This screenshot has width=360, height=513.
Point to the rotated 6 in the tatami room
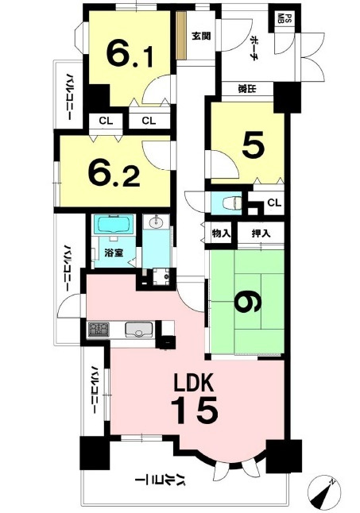[x=248, y=301]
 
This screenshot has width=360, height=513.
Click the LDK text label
[x=194, y=383]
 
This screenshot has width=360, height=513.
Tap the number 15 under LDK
[x=195, y=410]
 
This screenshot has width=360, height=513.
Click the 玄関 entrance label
[x=201, y=36]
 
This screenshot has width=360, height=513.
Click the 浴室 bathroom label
[x=114, y=253]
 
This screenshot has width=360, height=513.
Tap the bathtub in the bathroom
[x=114, y=224]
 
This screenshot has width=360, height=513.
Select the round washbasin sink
[x=156, y=222]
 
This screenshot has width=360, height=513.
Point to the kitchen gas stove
[x=99, y=329]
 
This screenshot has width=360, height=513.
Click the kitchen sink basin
[x=139, y=330]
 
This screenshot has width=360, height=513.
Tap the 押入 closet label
[x=261, y=233]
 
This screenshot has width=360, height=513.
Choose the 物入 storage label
[x=221, y=233]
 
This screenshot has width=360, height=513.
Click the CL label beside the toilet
[x=274, y=202]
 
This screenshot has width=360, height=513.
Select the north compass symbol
[x=324, y=492]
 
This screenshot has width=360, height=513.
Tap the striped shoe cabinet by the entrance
[x=180, y=36]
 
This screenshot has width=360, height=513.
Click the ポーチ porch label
[x=254, y=48]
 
